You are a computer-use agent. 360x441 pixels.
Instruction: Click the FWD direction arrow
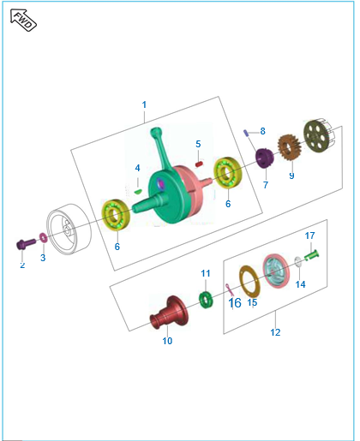[23, 20]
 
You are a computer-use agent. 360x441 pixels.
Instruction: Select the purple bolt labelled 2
[26, 244]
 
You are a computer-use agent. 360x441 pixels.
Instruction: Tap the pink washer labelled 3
[44, 237]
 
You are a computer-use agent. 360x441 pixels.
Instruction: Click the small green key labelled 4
[138, 191]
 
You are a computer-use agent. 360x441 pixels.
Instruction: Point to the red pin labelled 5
[199, 164]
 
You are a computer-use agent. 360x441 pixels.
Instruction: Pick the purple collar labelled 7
[265, 158]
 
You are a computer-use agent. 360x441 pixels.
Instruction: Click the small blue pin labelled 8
[246, 133]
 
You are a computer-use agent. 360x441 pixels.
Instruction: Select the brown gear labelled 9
[290, 148]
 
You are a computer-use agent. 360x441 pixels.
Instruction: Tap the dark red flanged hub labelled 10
[169, 313]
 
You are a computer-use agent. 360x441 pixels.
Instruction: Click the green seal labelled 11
[206, 300]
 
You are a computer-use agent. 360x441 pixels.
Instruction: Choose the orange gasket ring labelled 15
[249, 281]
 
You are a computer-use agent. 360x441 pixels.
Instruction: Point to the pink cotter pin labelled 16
[230, 289]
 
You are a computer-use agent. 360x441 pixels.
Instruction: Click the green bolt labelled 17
[311, 254]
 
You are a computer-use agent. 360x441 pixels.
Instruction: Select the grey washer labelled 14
[297, 262]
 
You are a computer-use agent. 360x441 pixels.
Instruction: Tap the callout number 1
[144, 104]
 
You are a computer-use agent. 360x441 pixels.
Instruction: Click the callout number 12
[275, 332]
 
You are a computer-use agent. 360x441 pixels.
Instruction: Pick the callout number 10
[167, 341]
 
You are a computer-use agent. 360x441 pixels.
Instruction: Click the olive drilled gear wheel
[319, 136]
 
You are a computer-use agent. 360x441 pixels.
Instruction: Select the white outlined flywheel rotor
[69, 229]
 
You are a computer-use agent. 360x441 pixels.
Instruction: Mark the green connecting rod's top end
[155, 132]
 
